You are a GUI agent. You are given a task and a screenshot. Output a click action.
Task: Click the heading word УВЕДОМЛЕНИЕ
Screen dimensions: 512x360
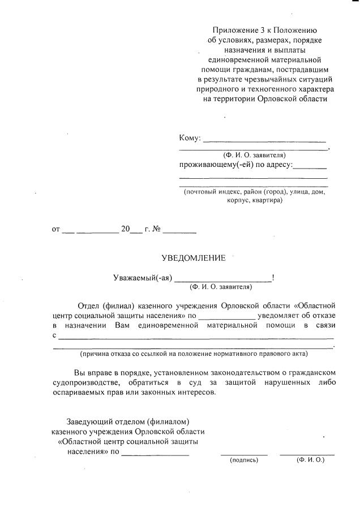click(194, 258)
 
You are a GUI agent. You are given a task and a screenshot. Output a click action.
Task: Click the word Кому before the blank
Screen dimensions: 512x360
click(188, 139)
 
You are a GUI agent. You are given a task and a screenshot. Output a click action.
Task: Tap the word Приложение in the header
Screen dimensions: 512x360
click(232, 29)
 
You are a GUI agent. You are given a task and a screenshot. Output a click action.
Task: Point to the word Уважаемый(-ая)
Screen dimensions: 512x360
click(142, 278)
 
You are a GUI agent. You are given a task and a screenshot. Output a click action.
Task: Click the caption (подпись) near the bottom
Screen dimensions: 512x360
click(243, 461)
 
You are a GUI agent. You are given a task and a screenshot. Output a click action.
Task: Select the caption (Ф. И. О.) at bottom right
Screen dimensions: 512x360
click(310, 460)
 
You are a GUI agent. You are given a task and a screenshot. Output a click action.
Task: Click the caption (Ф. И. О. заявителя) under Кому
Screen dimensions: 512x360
click(254, 154)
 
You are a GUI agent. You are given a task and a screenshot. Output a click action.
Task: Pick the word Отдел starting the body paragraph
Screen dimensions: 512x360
click(88, 306)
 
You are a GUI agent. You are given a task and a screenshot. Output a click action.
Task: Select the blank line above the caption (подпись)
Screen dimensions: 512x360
click(243, 454)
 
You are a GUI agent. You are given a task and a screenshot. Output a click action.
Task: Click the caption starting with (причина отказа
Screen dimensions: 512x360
click(194, 354)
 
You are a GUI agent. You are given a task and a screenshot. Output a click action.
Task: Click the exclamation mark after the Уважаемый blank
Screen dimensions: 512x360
click(274, 278)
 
